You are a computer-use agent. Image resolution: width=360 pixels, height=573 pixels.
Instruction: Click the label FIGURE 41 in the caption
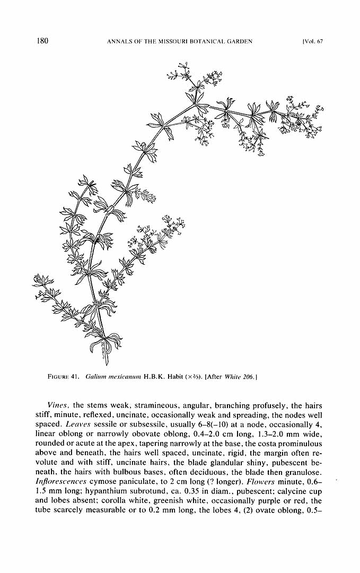64,377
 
